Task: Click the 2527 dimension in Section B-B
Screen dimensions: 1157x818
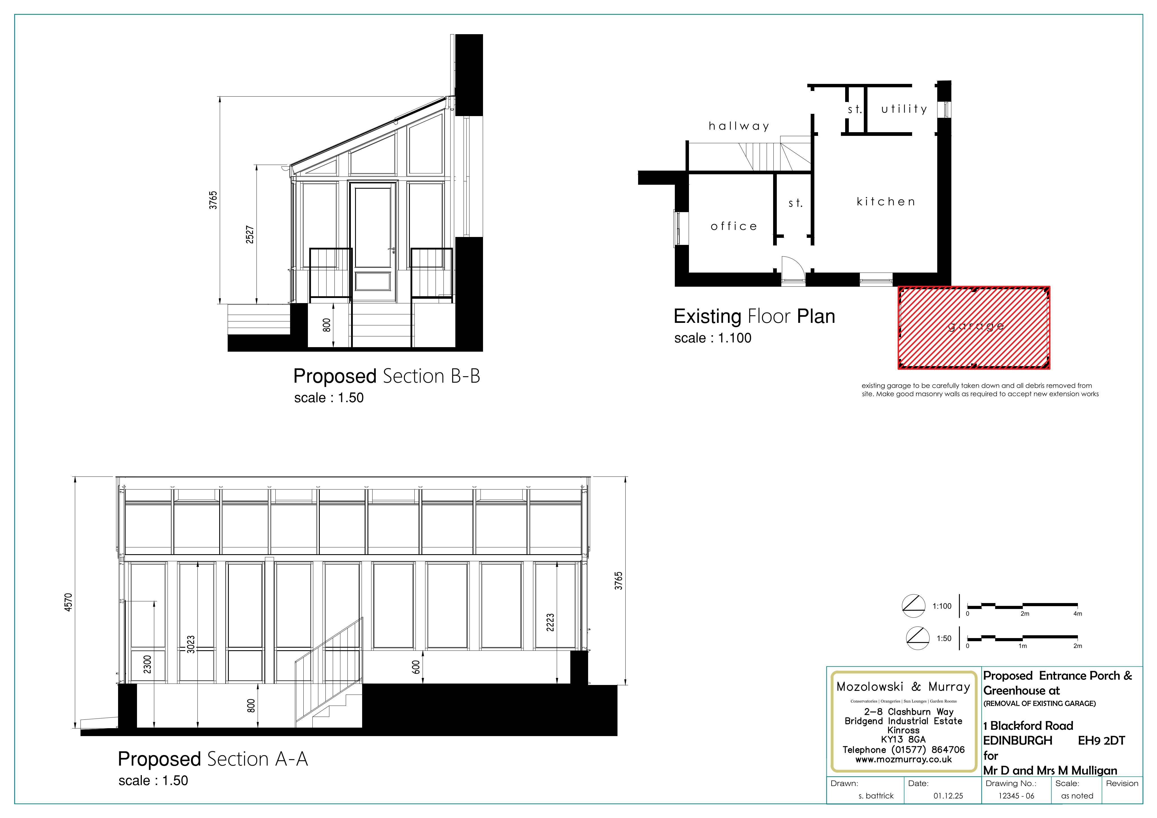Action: click(250, 235)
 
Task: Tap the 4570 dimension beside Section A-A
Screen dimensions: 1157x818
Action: click(69, 602)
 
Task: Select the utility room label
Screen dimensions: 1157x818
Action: click(904, 109)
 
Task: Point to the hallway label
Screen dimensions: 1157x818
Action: click(739, 126)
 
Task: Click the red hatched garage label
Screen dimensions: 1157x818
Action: click(976, 327)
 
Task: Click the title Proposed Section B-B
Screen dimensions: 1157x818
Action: click(386, 376)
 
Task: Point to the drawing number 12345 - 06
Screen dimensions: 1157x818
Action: click(1016, 796)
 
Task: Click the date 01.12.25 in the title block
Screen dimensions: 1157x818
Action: click(948, 796)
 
